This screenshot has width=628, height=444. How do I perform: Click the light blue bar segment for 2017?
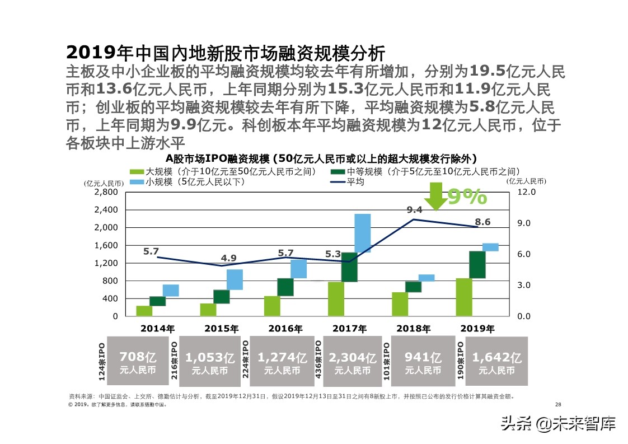pyautogui.click(x=362, y=233)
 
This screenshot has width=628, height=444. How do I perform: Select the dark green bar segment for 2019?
pyautogui.click(x=477, y=264)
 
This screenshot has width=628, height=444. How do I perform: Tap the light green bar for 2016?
pyautogui.click(x=272, y=306)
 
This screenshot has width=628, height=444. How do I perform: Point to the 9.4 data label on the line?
pyautogui.click(x=414, y=210)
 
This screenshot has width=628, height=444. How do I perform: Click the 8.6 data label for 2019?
pyautogui.click(x=482, y=222)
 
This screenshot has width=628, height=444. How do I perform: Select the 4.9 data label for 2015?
pyautogui.click(x=228, y=258)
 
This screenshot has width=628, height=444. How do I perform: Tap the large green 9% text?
pyautogui.click(x=467, y=197)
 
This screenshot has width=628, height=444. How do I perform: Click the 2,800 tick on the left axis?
pyautogui.click(x=106, y=192)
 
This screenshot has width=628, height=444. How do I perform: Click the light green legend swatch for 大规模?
pyautogui.click(x=137, y=172)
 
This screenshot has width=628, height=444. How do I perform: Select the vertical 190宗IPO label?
pyautogui.click(x=461, y=362)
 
